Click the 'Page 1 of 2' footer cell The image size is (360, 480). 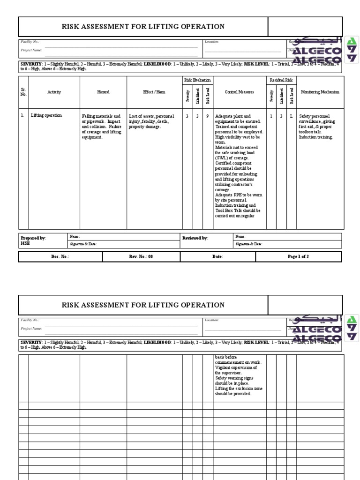pyautogui.click(x=298, y=256)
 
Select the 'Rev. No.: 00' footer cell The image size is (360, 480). pyautogui.click(x=141, y=256)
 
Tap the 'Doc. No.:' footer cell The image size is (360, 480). pyautogui.click(x=60, y=256)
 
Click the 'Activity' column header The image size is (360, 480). pyautogui.click(x=54, y=92)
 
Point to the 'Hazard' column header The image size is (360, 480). pyautogui.click(x=103, y=92)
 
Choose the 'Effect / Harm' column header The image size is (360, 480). pyautogui.click(x=154, y=92)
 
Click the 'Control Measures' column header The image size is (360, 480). pyautogui.click(x=240, y=92)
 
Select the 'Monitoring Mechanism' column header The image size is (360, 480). pyautogui.click(x=320, y=92)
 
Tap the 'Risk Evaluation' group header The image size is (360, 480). pyautogui.click(x=198, y=80)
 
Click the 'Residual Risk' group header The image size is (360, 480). pyautogui.click(x=281, y=80)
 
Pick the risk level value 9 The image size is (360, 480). pyautogui.click(x=208, y=116)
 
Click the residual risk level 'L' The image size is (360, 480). pyautogui.click(x=292, y=116)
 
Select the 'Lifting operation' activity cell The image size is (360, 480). pyautogui.click(x=46, y=115)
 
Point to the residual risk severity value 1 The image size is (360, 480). pyautogui.click(x=271, y=116)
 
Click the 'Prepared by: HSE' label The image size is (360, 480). pyautogui.click(x=33, y=240)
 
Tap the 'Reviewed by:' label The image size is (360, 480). pyautogui.click(x=195, y=238)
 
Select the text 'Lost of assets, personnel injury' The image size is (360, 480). pyautogui.click(x=151, y=119)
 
